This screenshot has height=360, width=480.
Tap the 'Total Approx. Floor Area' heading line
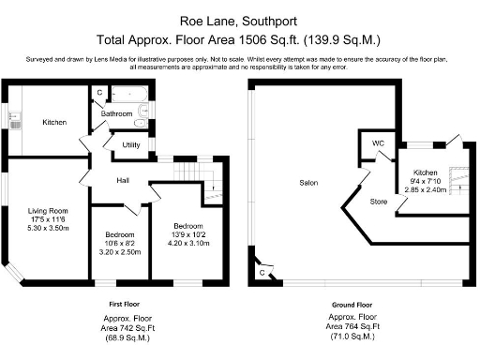tap(239, 39)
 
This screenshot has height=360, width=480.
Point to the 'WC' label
tap(379, 143)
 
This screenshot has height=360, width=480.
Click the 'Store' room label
tap(378, 201)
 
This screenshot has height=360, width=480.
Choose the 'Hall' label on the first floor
tap(123, 180)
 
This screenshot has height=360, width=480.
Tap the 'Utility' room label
tap(131, 145)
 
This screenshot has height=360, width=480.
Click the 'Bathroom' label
tap(117, 114)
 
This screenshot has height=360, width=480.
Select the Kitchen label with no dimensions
tap(53, 122)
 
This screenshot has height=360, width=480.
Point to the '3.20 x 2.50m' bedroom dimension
tap(120, 251)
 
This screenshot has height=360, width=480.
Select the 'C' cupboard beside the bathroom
tap(98, 92)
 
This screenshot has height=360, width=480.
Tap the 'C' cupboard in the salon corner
tap(261, 272)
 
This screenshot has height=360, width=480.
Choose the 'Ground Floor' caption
tap(352, 305)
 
